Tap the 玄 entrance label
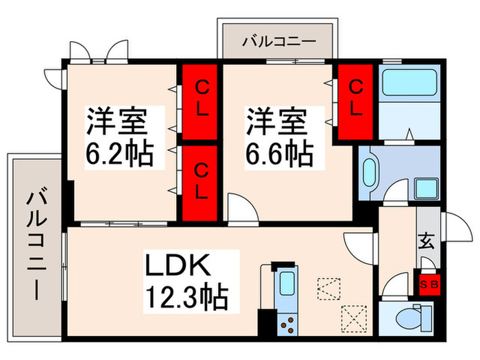pyautogui.click(x=427, y=241)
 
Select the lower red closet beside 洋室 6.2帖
pyautogui.click(x=200, y=181)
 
